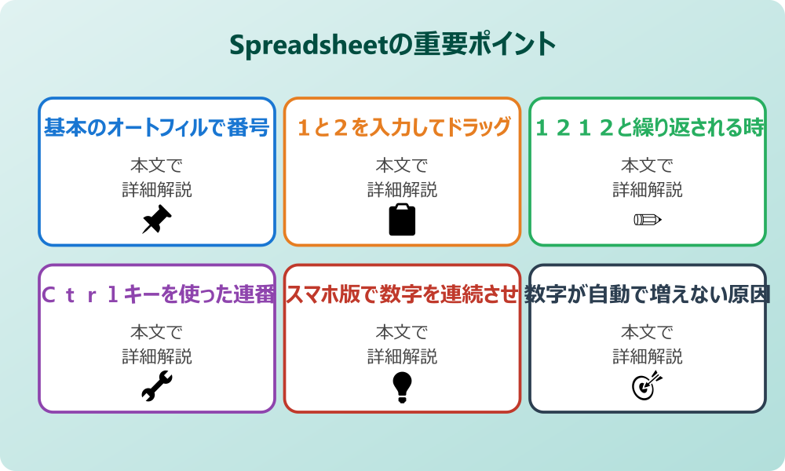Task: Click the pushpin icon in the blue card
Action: pyautogui.click(x=156, y=220)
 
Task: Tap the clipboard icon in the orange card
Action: pyautogui.click(x=402, y=220)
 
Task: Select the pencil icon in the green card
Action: pyautogui.click(x=648, y=219)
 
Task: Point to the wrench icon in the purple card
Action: pyautogui.click(x=156, y=386)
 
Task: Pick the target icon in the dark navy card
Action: pyautogui.click(x=648, y=386)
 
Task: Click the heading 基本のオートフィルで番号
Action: pyautogui.click(x=156, y=127)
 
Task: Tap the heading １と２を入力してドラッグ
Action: pyautogui.click(x=402, y=127)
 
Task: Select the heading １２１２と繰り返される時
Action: pyautogui.click(x=648, y=127)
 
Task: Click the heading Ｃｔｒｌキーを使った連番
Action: pyautogui.click(x=156, y=294)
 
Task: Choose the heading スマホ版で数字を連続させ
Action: pyautogui.click(x=402, y=294)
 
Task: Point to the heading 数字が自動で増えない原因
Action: pyautogui.click(x=648, y=294)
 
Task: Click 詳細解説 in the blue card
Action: pyautogui.click(x=156, y=189)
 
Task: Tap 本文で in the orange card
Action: pyautogui.click(x=402, y=166)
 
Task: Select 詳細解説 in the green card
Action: pyautogui.click(x=648, y=189)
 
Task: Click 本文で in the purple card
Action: pyautogui.click(x=156, y=332)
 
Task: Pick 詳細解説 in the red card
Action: pyautogui.click(x=402, y=356)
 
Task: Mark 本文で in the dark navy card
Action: pyautogui.click(x=648, y=332)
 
